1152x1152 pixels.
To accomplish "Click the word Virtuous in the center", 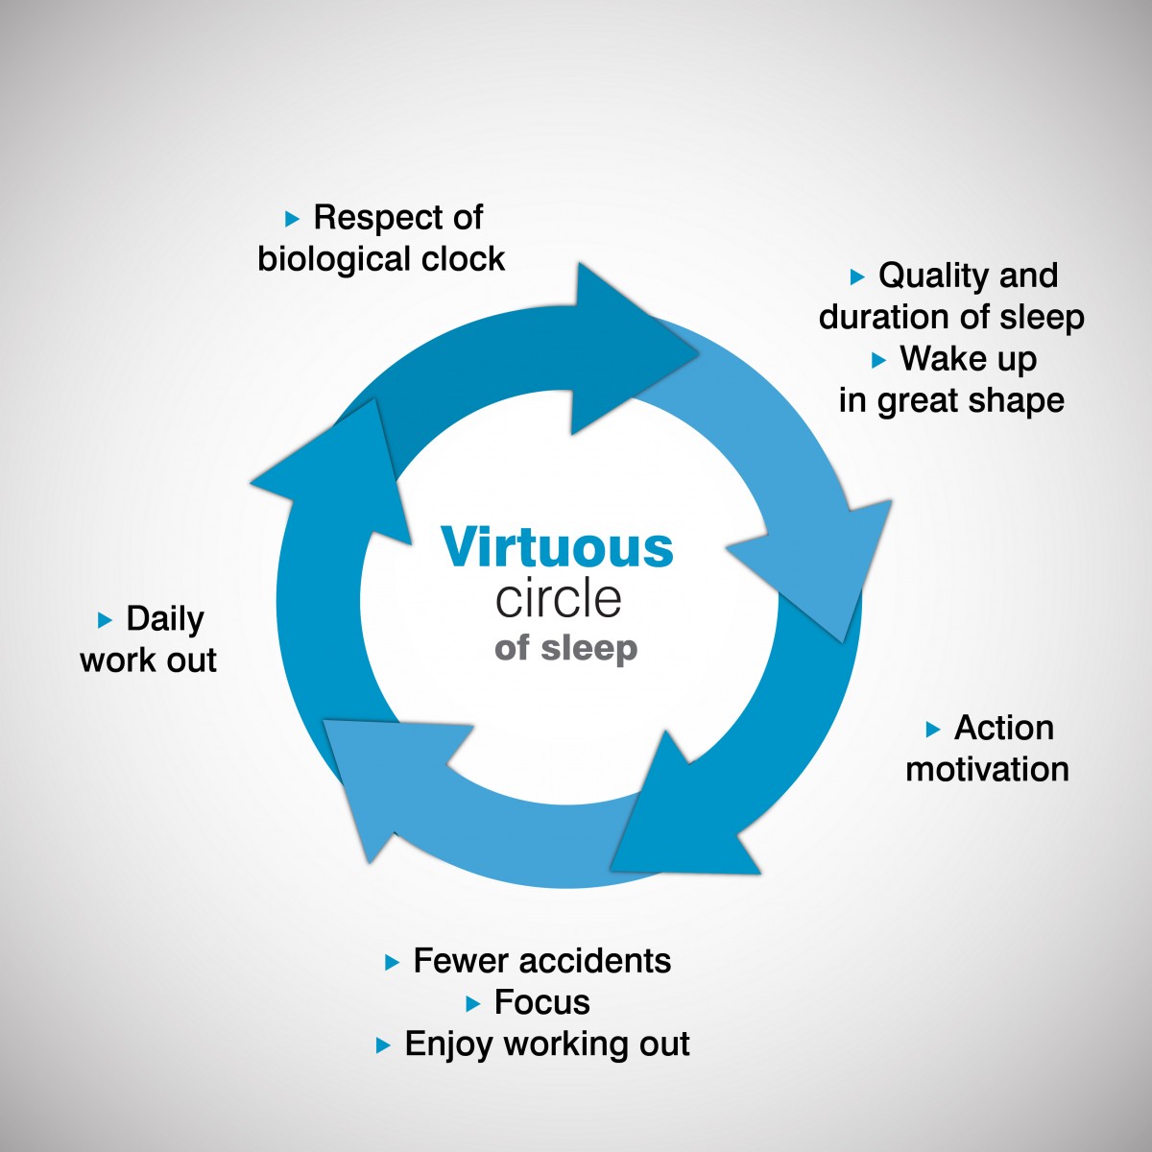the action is pos(557,546).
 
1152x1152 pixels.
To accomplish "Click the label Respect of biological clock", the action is pos(381,238).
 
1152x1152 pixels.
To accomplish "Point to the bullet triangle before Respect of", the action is pos(292,220).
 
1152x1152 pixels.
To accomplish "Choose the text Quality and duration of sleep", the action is pos(951,296).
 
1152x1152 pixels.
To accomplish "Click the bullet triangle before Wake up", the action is pos(878,361).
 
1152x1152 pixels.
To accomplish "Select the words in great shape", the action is pos(951,400).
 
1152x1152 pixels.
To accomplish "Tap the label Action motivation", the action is pos(988,748).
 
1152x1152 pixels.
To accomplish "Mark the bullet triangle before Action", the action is pos(932,730).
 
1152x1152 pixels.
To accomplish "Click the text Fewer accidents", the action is pos(541,961).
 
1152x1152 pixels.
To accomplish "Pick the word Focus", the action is pos(541,1002).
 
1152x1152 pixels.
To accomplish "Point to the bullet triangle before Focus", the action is pos(473,1004).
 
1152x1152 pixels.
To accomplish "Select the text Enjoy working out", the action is pos(547,1045).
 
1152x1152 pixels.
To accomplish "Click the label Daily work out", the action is pos(148,639).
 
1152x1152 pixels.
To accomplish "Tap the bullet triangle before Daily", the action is pos(105,620).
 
